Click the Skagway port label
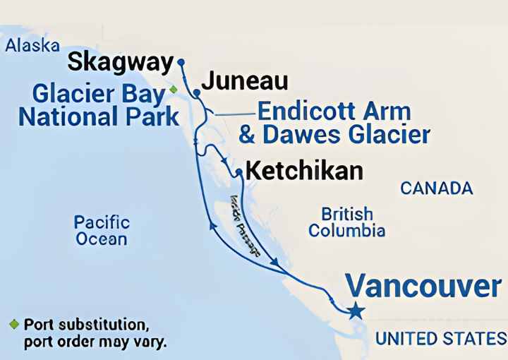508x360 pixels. click(x=120, y=63)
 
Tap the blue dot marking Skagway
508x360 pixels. click(x=181, y=62)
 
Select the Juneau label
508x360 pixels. click(x=245, y=81)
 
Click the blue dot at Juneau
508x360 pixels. click(x=197, y=92)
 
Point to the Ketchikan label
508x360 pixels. click(x=306, y=171)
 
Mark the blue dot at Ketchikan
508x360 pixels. click(x=239, y=172)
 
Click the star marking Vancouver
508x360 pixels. click(x=356, y=311)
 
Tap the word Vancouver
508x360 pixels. click(x=423, y=286)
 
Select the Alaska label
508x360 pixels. click(x=32, y=46)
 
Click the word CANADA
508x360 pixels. click(x=436, y=188)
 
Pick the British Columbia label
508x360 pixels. click(x=346, y=222)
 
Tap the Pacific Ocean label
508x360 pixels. click(x=102, y=230)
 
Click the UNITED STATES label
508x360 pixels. click(x=440, y=339)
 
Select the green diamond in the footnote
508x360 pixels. click(x=13, y=324)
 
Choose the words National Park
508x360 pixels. click(x=99, y=116)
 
